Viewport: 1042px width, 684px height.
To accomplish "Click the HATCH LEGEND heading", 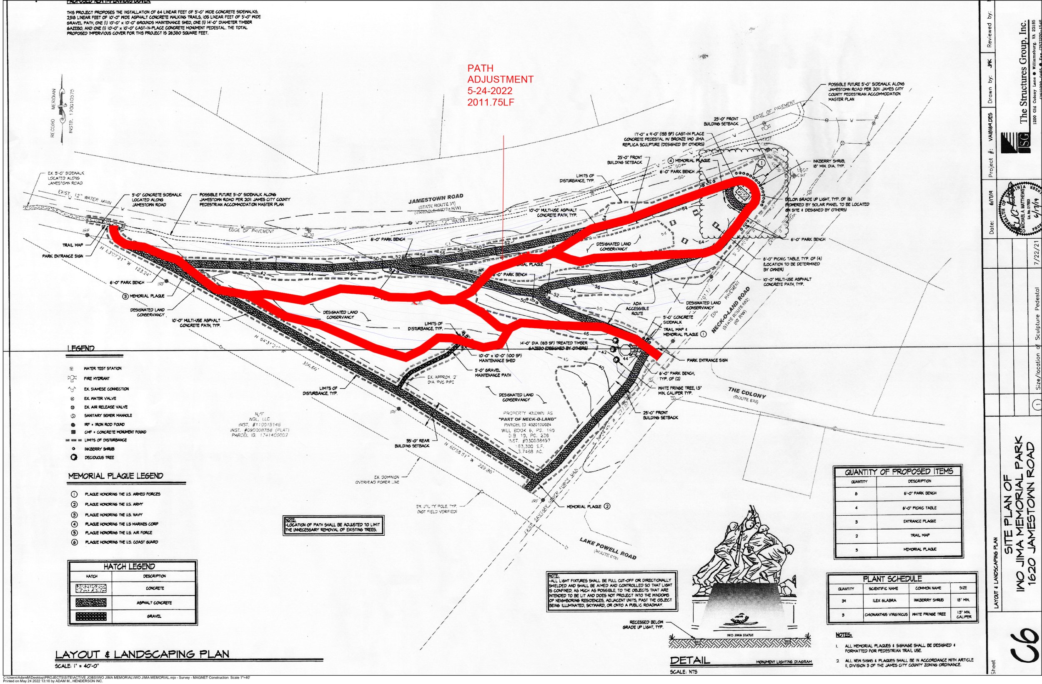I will pos(130,566).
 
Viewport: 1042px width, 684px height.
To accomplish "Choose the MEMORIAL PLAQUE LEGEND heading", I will pos(115,476).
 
